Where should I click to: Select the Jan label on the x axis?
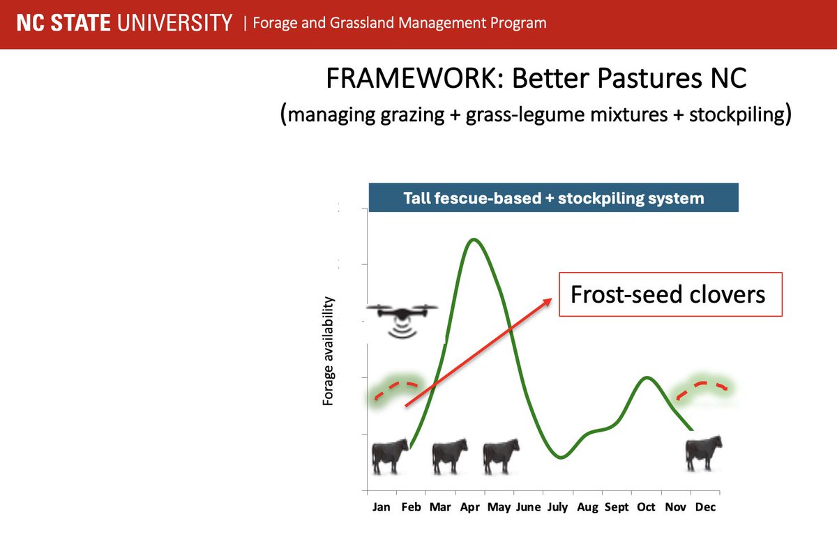[381, 507]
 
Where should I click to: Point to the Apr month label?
[469, 508]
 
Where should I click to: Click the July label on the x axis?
[557, 508]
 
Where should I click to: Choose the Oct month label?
[646, 507]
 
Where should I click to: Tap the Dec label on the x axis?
[705, 507]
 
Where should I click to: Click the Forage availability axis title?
[327, 351]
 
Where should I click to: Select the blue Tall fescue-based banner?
[553, 197]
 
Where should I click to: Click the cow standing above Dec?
[704, 453]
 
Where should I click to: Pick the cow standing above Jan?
[390, 456]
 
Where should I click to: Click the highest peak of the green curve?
[474, 239]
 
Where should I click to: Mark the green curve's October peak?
[647, 378]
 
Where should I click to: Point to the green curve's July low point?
[561, 457]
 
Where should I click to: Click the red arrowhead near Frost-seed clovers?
[548, 301]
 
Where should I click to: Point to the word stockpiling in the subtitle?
[737, 114]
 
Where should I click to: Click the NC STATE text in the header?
[63, 22]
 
